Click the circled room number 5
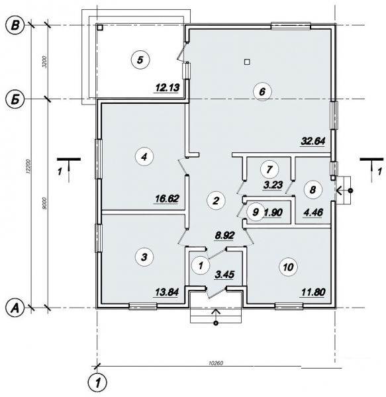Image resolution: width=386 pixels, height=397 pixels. (x=140, y=60)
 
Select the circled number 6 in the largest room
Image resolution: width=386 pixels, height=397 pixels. (x=262, y=92)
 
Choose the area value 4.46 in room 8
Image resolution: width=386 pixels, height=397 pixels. (x=312, y=212)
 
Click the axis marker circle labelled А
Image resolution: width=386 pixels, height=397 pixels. (x=13, y=307)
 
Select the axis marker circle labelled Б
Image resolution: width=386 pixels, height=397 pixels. (x=13, y=99)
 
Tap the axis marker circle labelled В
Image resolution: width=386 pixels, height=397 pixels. (x=13, y=26)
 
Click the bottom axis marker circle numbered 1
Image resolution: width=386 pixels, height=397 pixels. (x=97, y=382)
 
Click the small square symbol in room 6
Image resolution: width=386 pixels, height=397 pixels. (x=247, y=62)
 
